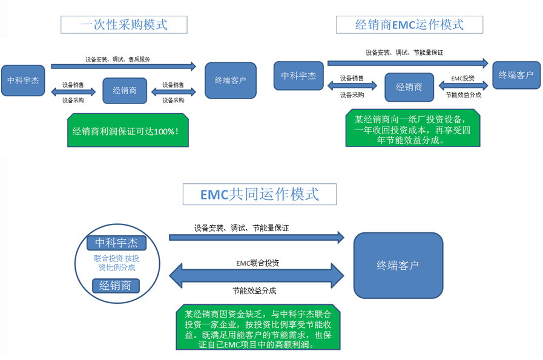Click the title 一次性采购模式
click(x=123, y=24)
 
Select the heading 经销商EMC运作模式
click(x=409, y=24)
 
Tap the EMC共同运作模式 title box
click(x=260, y=194)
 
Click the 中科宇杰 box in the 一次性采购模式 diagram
click(x=23, y=80)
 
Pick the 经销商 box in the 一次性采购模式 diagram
click(x=124, y=91)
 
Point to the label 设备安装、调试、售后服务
click(x=117, y=59)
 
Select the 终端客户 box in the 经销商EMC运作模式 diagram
click(x=516, y=75)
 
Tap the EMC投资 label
click(x=463, y=78)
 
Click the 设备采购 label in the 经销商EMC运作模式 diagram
click(x=352, y=95)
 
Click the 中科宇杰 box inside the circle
click(x=116, y=243)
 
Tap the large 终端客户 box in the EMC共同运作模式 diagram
click(x=398, y=265)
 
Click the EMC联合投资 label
click(x=257, y=263)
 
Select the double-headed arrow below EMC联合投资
click(x=257, y=276)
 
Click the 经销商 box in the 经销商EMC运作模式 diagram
click(x=409, y=87)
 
